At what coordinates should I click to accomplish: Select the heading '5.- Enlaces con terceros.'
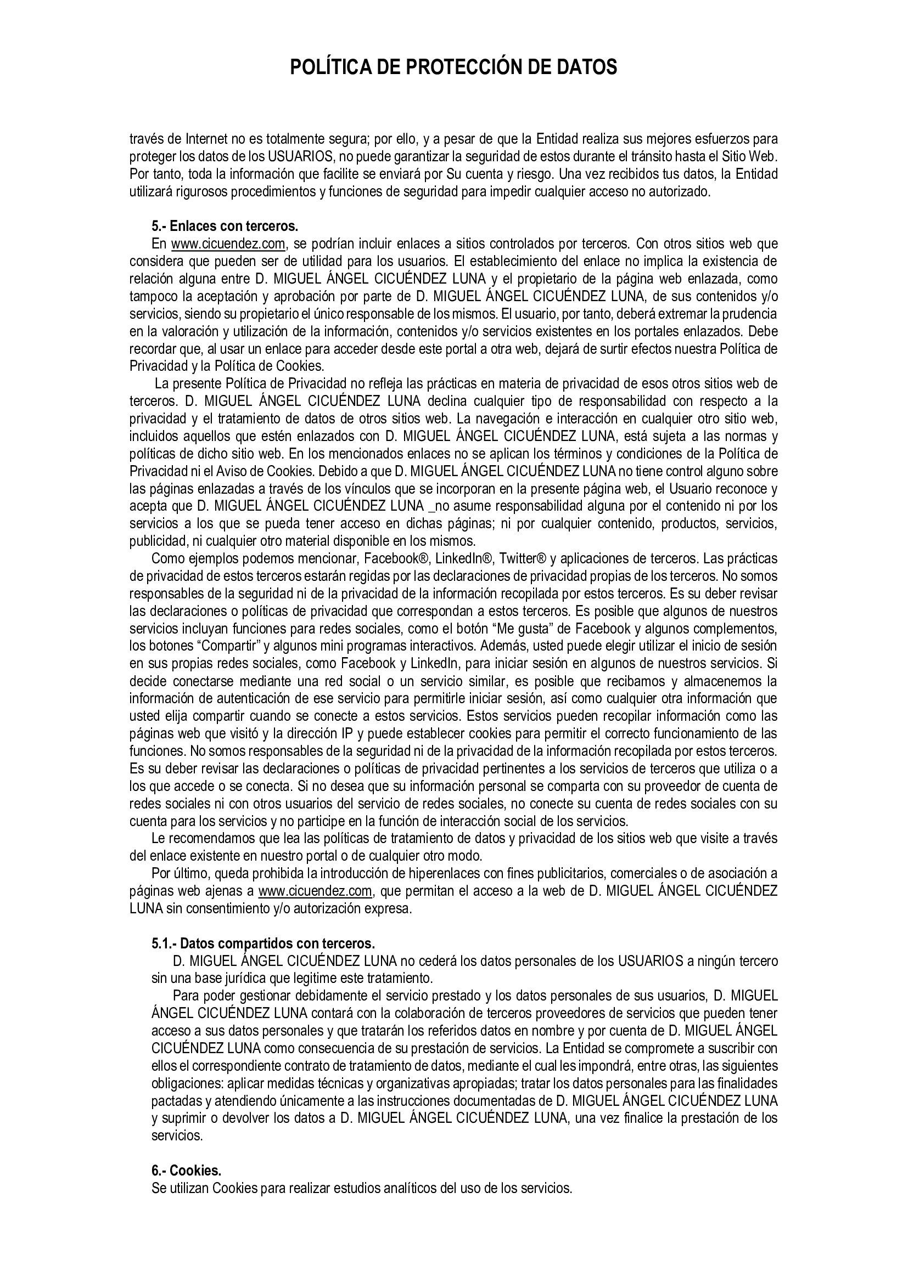225,227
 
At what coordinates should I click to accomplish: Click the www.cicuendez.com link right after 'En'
229,244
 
